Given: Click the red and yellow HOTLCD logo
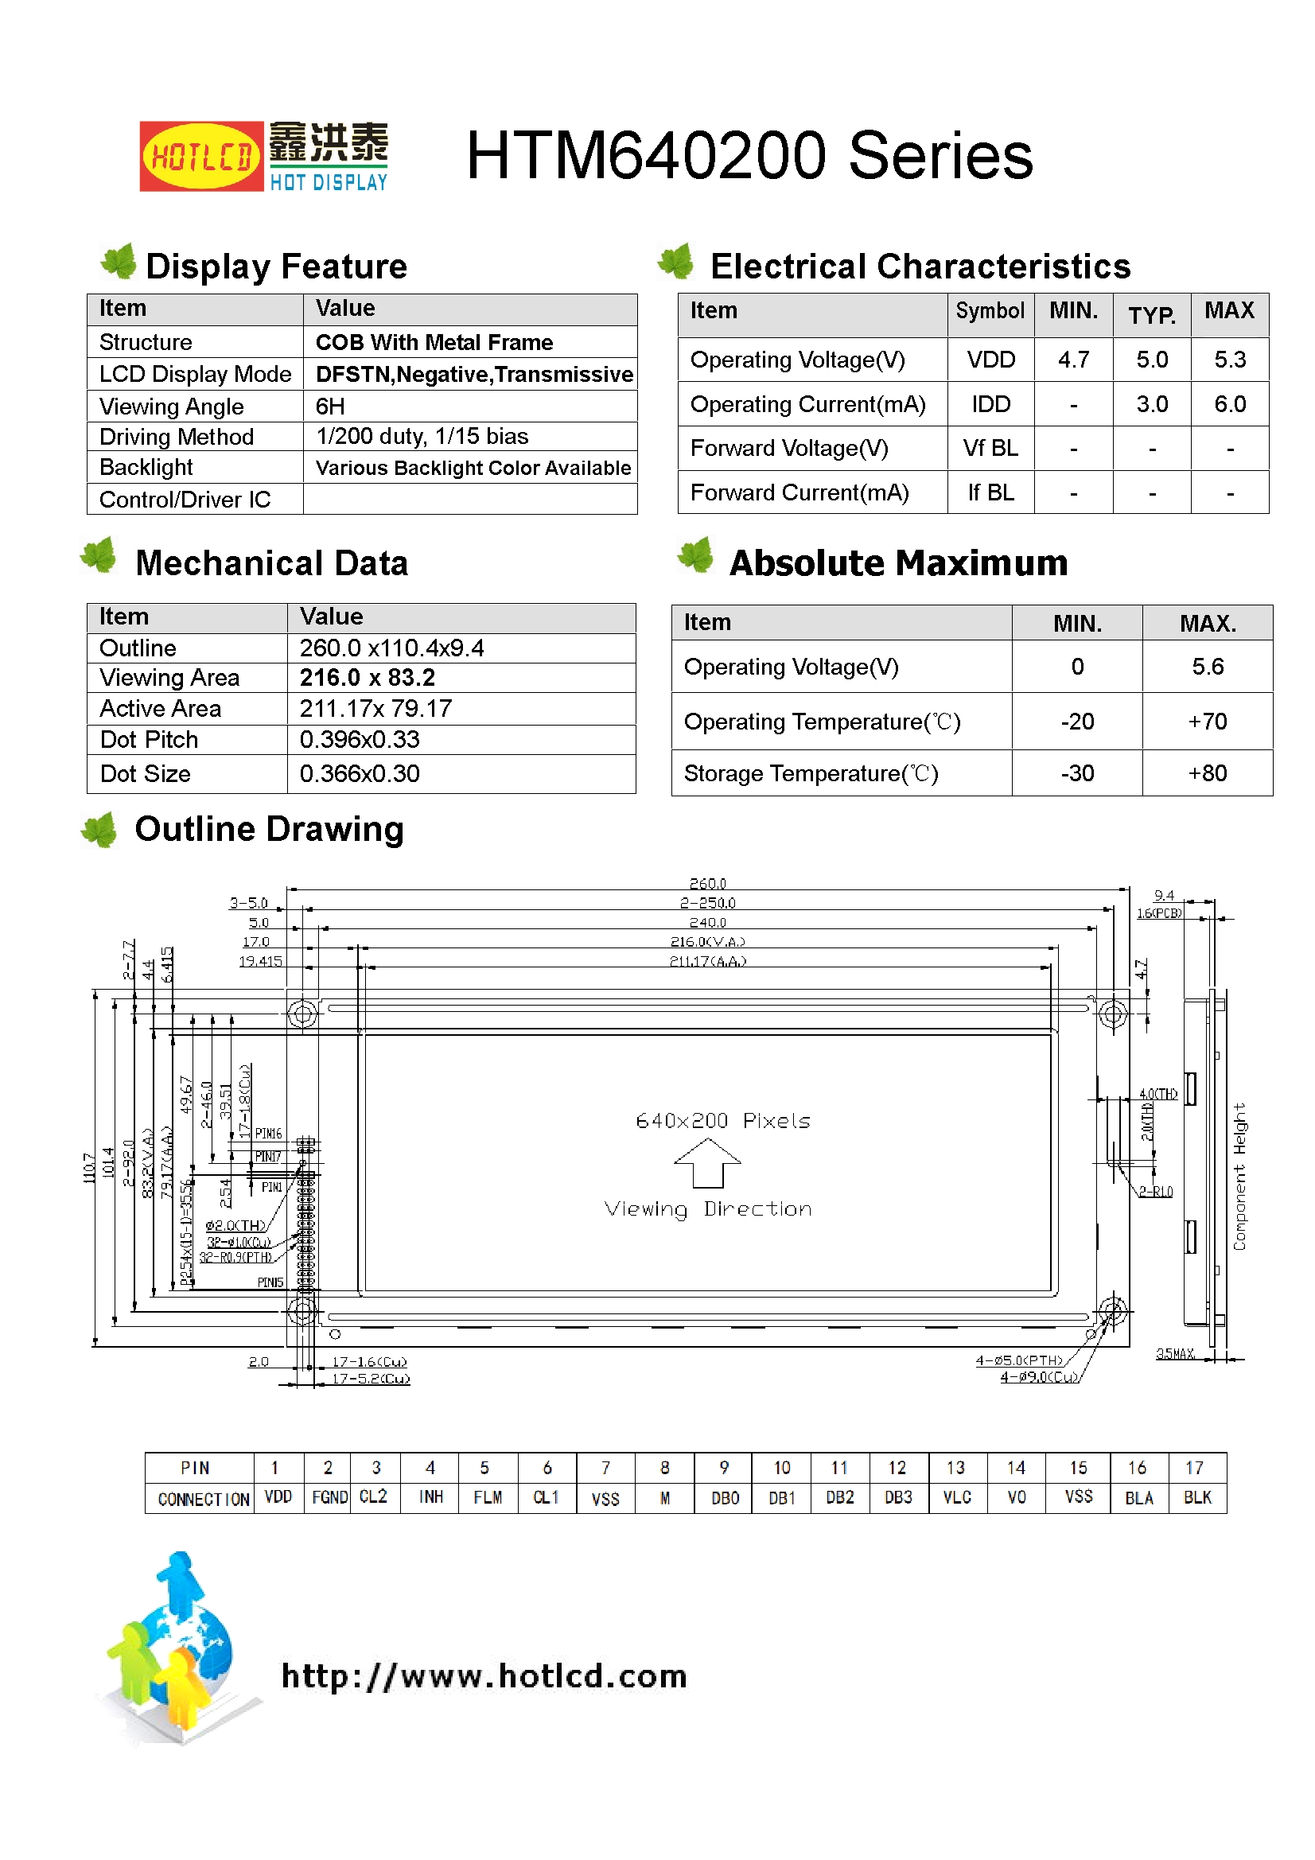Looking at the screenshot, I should [x=201, y=157].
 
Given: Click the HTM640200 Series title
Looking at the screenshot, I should [x=749, y=156].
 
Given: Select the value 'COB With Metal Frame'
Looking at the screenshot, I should [x=434, y=343].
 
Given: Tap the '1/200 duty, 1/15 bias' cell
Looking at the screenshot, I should [x=422, y=437].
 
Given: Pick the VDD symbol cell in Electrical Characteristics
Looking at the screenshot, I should [x=990, y=360].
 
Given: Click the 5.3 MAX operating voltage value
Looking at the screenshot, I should [x=1229, y=360].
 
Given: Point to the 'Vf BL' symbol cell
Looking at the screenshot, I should [x=990, y=448].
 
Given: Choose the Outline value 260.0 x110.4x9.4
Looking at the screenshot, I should [x=391, y=648].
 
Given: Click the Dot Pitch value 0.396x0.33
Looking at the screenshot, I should [x=360, y=740].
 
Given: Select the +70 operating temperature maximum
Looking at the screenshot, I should [x=1207, y=721].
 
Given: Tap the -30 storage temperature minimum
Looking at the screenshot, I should [x=1077, y=772].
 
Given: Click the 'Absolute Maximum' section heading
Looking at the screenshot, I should [x=897, y=563].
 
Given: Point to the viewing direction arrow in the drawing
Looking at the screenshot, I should [x=707, y=1162].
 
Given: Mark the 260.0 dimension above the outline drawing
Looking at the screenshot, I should [x=707, y=883].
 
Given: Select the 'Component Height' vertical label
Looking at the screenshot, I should [x=1239, y=1177].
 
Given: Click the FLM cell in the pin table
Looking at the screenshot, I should [x=488, y=1497].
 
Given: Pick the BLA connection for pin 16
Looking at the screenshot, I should [x=1138, y=1498].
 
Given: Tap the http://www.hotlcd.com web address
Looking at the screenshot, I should [x=484, y=1675].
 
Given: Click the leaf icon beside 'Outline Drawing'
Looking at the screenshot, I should [x=100, y=830].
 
